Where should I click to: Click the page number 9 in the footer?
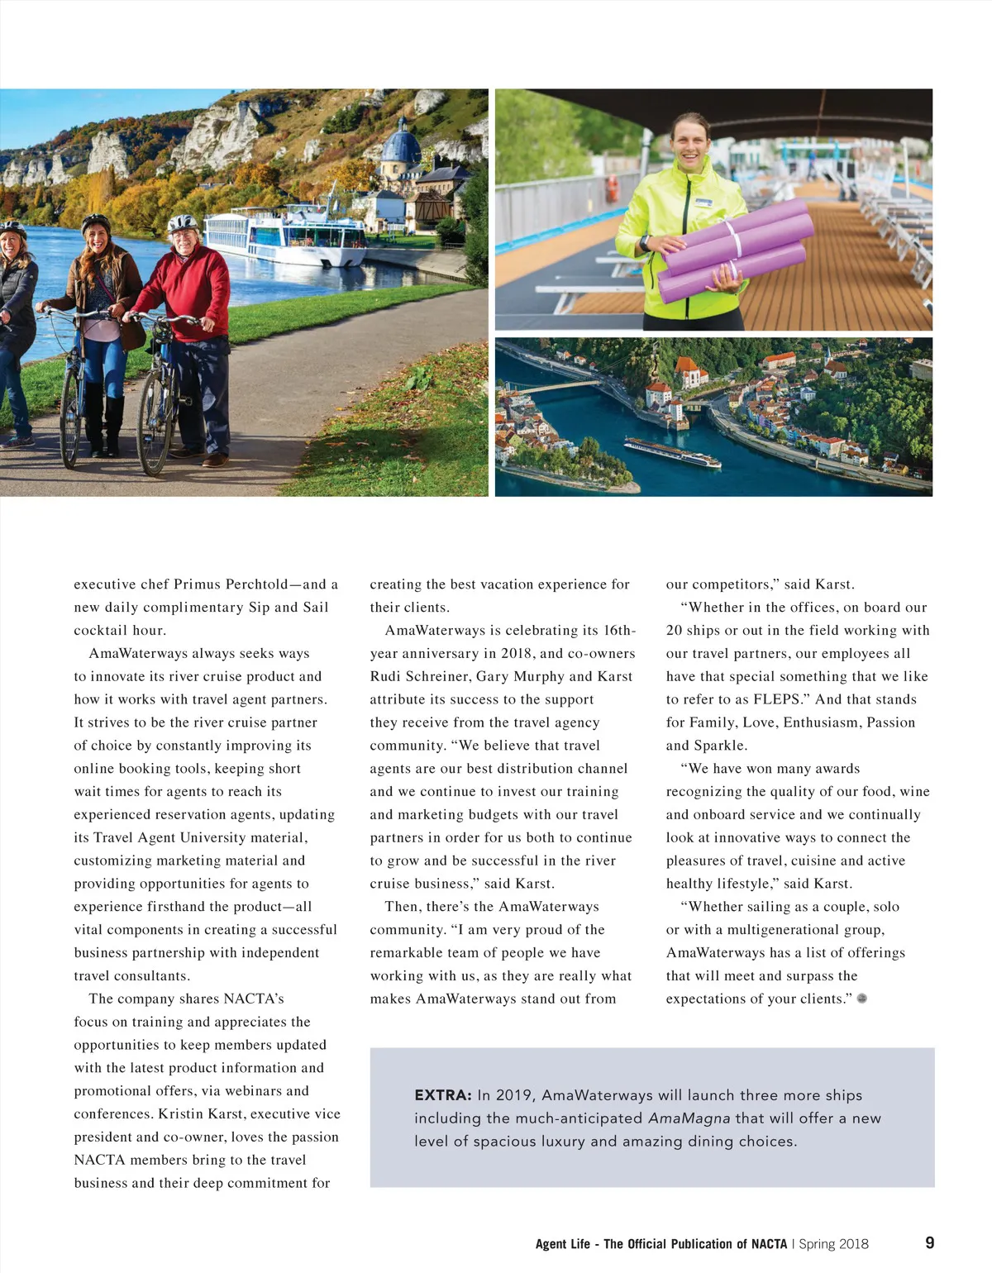(x=930, y=1242)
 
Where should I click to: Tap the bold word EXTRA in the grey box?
(x=442, y=1095)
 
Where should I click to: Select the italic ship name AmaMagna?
(x=689, y=1118)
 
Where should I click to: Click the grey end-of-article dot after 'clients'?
(x=862, y=999)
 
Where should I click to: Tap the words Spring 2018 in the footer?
(x=833, y=1244)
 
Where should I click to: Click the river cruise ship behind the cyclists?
(x=285, y=239)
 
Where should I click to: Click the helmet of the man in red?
(x=183, y=222)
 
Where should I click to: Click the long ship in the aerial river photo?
(x=671, y=452)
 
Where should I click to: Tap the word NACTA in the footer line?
(x=768, y=1244)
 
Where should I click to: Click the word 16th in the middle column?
(x=619, y=630)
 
